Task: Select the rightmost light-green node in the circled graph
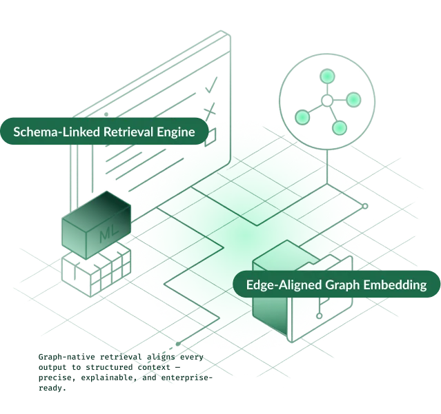(x=353, y=101)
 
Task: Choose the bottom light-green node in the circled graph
(x=338, y=128)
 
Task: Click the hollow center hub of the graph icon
(x=327, y=103)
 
